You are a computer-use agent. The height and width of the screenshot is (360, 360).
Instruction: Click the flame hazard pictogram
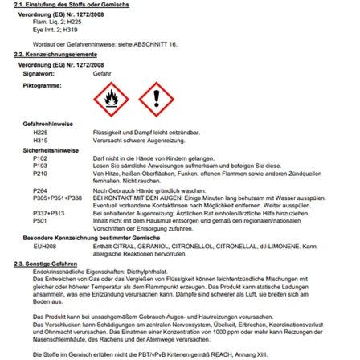(112, 100)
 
